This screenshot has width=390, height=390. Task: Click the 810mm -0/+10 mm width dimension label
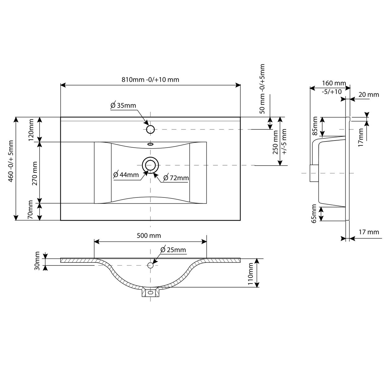(x=150, y=80)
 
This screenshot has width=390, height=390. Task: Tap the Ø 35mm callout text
(x=123, y=106)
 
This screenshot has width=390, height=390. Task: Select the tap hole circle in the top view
(x=150, y=129)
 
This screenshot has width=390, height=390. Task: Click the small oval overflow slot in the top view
(x=150, y=144)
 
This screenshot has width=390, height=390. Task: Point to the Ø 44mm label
(x=126, y=175)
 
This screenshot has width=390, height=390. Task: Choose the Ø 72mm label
(x=176, y=178)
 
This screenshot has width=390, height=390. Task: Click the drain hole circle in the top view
(x=150, y=165)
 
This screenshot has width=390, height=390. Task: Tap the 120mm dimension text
(x=31, y=130)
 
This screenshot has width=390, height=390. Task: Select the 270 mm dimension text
(x=35, y=173)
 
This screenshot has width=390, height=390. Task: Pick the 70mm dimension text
(x=30, y=210)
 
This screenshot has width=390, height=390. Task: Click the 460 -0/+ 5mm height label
(x=11, y=161)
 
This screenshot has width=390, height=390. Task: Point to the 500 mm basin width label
(x=149, y=236)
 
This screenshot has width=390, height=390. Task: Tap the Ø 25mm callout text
(x=173, y=250)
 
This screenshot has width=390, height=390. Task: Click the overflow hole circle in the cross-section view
(x=150, y=265)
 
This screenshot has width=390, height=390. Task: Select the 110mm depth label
(x=250, y=274)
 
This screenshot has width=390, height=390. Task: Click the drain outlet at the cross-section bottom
(x=150, y=292)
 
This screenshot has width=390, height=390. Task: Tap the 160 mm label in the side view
(x=334, y=83)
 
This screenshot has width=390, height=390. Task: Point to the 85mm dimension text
(x=315, y=126)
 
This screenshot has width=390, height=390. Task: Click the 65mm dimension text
(x=314, y=214)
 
